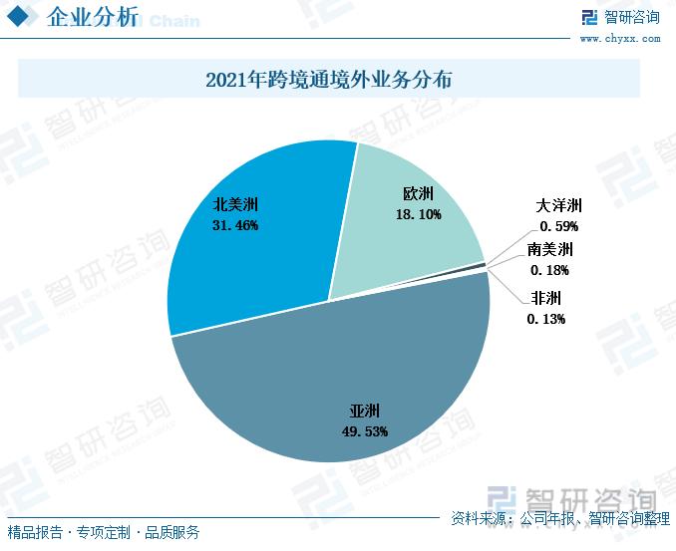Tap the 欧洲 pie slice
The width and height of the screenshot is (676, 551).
[419, 239]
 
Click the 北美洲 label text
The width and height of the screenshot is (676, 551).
[235, 205]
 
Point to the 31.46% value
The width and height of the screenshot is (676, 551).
[235, 225]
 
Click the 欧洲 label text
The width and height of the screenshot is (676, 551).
[418, 192]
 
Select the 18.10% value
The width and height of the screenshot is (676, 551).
[418, 213]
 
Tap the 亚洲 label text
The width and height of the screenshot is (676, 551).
[365, 411]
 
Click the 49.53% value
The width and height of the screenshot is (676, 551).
[365, 431]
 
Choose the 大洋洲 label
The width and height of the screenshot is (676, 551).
[558, 206]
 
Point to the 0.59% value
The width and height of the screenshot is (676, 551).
[558, 226]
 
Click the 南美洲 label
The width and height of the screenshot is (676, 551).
[551, 249]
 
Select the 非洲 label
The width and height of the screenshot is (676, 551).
[546, 298]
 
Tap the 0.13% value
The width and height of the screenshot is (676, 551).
[546, 319]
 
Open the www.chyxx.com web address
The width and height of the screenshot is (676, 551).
[619, 39]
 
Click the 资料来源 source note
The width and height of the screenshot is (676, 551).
[559, 518]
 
